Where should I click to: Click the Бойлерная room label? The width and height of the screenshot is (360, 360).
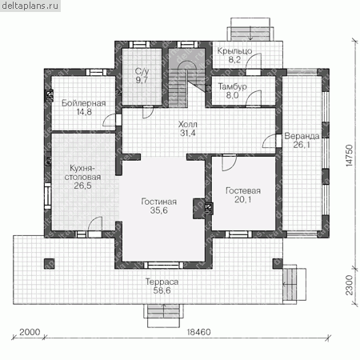click(x=84, y=103)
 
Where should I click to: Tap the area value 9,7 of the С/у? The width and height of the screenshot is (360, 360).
click(x=142, y=80)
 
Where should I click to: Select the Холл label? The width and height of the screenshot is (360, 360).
click(x=188, y=124)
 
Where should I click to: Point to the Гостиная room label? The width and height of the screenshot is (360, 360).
click(x=159, y=202)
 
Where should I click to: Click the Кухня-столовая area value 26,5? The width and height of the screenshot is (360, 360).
click(x=82, y=186)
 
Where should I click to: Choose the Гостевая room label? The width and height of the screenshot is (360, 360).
click(x=243, y=190)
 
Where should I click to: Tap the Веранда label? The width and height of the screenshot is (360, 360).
click(x=302, y=136)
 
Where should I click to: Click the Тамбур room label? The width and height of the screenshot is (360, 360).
click(x=233, y=86)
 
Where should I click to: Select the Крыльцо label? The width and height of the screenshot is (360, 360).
click(x=234, y=50)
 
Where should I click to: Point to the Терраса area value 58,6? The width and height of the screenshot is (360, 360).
click(x=162, y=290)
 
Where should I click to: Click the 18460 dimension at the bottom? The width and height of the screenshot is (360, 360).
click(x=198, y=332)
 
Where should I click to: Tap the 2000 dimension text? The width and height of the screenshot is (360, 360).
click(x=30, y=332)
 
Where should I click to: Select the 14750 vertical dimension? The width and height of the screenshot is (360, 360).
click(x=350, y=156)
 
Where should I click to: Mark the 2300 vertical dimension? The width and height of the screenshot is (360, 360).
click(x=350, y=286)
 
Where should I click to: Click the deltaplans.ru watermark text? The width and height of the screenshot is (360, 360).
click(x=30, y=6)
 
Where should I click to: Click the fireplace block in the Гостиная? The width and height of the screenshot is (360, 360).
click(x=199, y=209)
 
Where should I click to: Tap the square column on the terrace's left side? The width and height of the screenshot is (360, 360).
click(x=49, y=264)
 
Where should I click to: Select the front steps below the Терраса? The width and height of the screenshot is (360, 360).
click(x=163, y=315)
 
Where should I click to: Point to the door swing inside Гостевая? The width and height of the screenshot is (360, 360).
click(x=230, y=163)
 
